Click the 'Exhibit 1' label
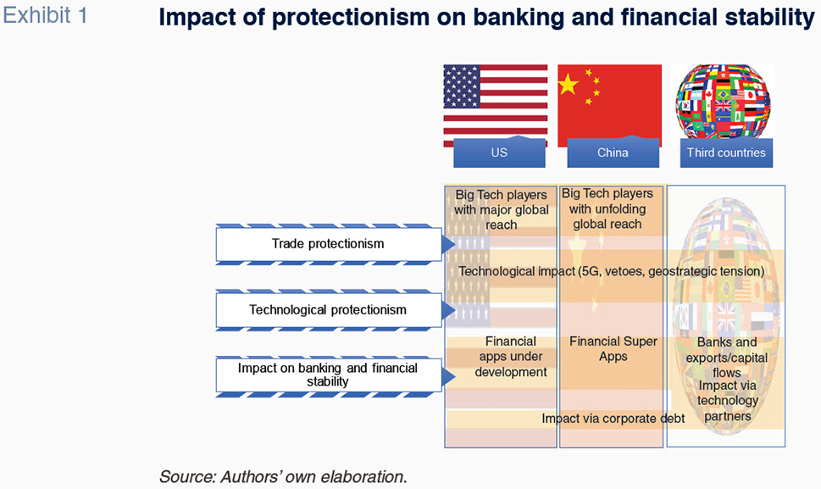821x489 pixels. click(x=45, y=16)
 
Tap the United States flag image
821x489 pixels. click(x=496, y=105)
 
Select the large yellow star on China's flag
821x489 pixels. click(x=569, y=84)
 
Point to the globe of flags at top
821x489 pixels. click(x=723, y=102)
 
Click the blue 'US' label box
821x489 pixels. click(x=499, y=153)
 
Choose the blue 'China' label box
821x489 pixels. click(x=613, y=153)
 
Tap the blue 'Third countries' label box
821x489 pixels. click(x=726, y=153)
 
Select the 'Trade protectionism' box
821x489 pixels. click(x=328, y=244)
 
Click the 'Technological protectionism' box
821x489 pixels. click(x=328, y=310)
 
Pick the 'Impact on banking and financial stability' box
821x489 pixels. click(x=328, y=375)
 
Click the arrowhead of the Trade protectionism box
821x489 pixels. click(x=449, y=244)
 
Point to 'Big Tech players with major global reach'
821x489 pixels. click(x=501, y=210)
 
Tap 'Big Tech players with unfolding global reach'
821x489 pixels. click(x=607, y=208)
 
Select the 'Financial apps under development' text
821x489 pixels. click(x=511, y=357)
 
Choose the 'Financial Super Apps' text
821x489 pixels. click(x=613, y=348)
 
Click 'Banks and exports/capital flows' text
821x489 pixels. click(x=727, y=357)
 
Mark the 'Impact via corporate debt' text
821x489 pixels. click(x=613, y=419)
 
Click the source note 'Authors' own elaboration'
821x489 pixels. click(x=313, y=477)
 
